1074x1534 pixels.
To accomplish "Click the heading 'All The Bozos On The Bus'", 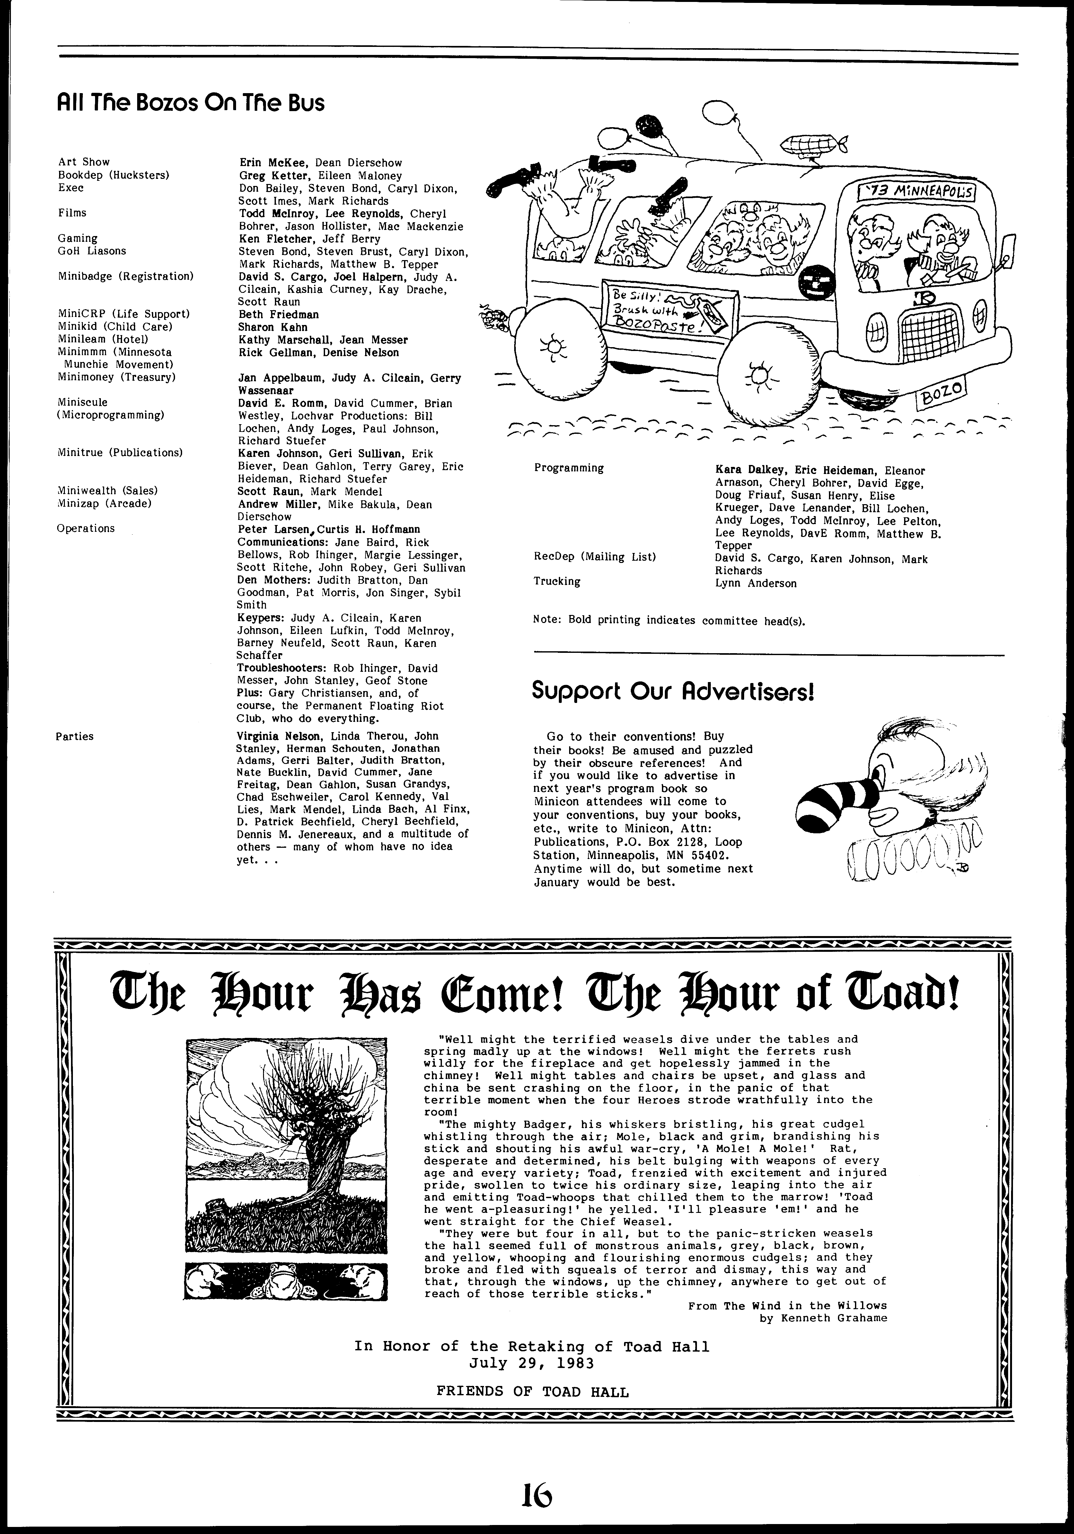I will coord(191,103).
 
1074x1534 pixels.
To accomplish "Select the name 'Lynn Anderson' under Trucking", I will coord(755,583).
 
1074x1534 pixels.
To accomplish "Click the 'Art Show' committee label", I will coord(84,162).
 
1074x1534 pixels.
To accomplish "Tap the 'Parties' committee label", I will coord(75,736).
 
